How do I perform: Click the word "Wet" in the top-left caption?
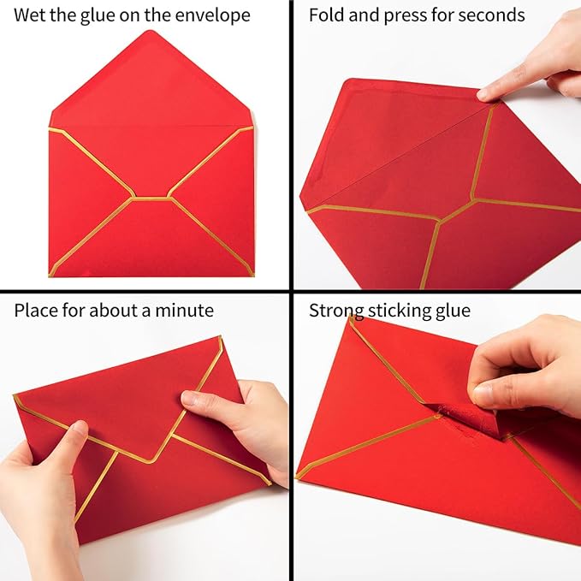point(31,15)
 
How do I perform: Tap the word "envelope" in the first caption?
point(214,15)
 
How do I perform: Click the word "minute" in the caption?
point(185,310)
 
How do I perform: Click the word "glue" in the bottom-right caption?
point(453,310)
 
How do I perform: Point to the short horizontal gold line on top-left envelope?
point(151,198)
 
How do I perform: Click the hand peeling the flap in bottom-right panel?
point(522,359)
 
